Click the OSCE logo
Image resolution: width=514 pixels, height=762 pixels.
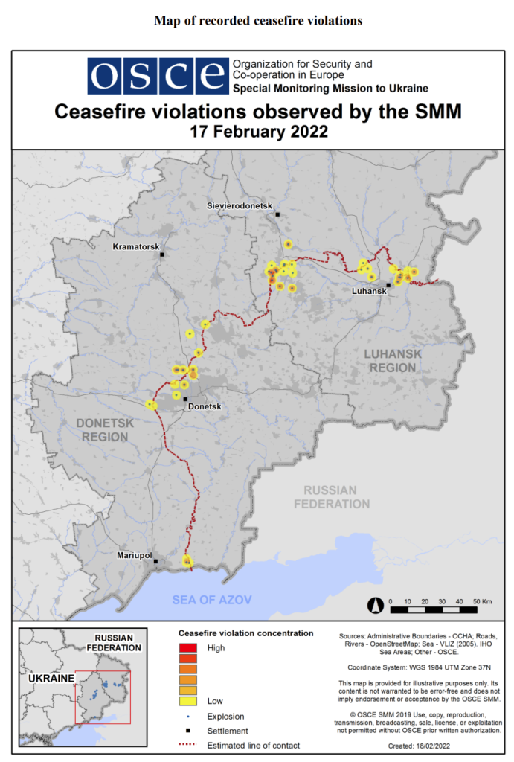click(158, 74)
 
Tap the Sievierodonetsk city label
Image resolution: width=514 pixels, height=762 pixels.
click(240, 205)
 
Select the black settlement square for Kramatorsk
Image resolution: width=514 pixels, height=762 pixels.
click(161, 254)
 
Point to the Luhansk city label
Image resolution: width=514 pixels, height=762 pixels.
click(369, 291)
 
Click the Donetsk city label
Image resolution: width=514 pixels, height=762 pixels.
click(206, 407)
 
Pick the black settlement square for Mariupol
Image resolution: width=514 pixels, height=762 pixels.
click(155, 562)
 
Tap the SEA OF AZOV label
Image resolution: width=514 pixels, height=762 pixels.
click(212, 600)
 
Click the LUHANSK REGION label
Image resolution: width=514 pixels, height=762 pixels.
click(392, 361)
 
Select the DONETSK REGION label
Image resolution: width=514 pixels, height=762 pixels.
click(104, 429)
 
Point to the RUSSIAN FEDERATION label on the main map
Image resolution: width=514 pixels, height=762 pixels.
click(331, 497)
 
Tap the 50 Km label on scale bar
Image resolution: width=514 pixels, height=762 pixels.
click(482, 601)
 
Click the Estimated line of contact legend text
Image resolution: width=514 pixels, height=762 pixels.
click(253, 746)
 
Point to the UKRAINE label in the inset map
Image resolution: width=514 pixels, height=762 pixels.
click(51, 678)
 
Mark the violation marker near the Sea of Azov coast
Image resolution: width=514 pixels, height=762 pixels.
click(187, 561)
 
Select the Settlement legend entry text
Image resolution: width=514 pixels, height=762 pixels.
click(228, 731)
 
